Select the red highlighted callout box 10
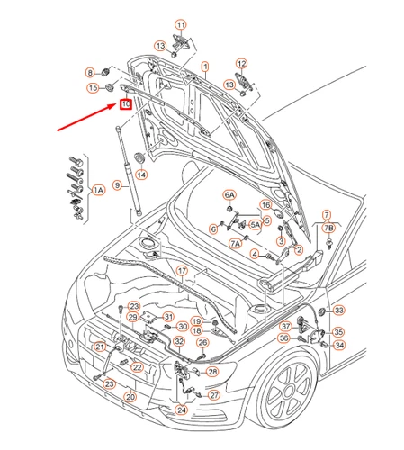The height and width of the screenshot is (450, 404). coord(125,104)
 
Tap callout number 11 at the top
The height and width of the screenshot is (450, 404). coord(180,24)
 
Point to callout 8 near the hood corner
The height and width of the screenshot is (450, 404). coord(90,71)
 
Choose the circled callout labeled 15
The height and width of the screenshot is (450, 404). coord(93,87)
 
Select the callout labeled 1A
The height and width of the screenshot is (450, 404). coord(99,190)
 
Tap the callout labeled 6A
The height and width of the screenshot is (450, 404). coord(229,194)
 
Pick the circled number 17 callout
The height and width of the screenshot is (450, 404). coord(181,270)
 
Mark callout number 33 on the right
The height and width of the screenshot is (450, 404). coord(339,310)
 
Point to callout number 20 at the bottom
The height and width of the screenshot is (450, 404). coord(130,396)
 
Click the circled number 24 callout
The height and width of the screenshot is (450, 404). coord(183,409)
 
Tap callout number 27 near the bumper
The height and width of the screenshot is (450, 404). coord(213,395)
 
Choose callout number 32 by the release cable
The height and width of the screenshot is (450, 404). coord(179,341)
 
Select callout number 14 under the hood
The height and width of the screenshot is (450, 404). coord(141,175)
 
